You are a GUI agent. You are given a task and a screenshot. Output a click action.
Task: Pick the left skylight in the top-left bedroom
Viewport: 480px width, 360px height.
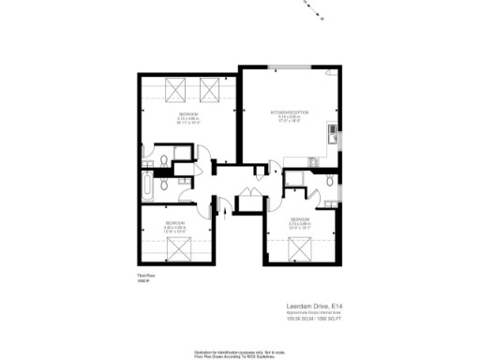point(174,91)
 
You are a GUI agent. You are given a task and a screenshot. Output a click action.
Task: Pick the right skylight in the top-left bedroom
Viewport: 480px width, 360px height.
point(210,91)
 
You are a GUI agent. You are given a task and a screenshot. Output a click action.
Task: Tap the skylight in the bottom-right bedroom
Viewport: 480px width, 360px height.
point(300,249)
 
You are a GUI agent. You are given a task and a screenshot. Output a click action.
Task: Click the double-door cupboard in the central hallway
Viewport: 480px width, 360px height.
point(249,199)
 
